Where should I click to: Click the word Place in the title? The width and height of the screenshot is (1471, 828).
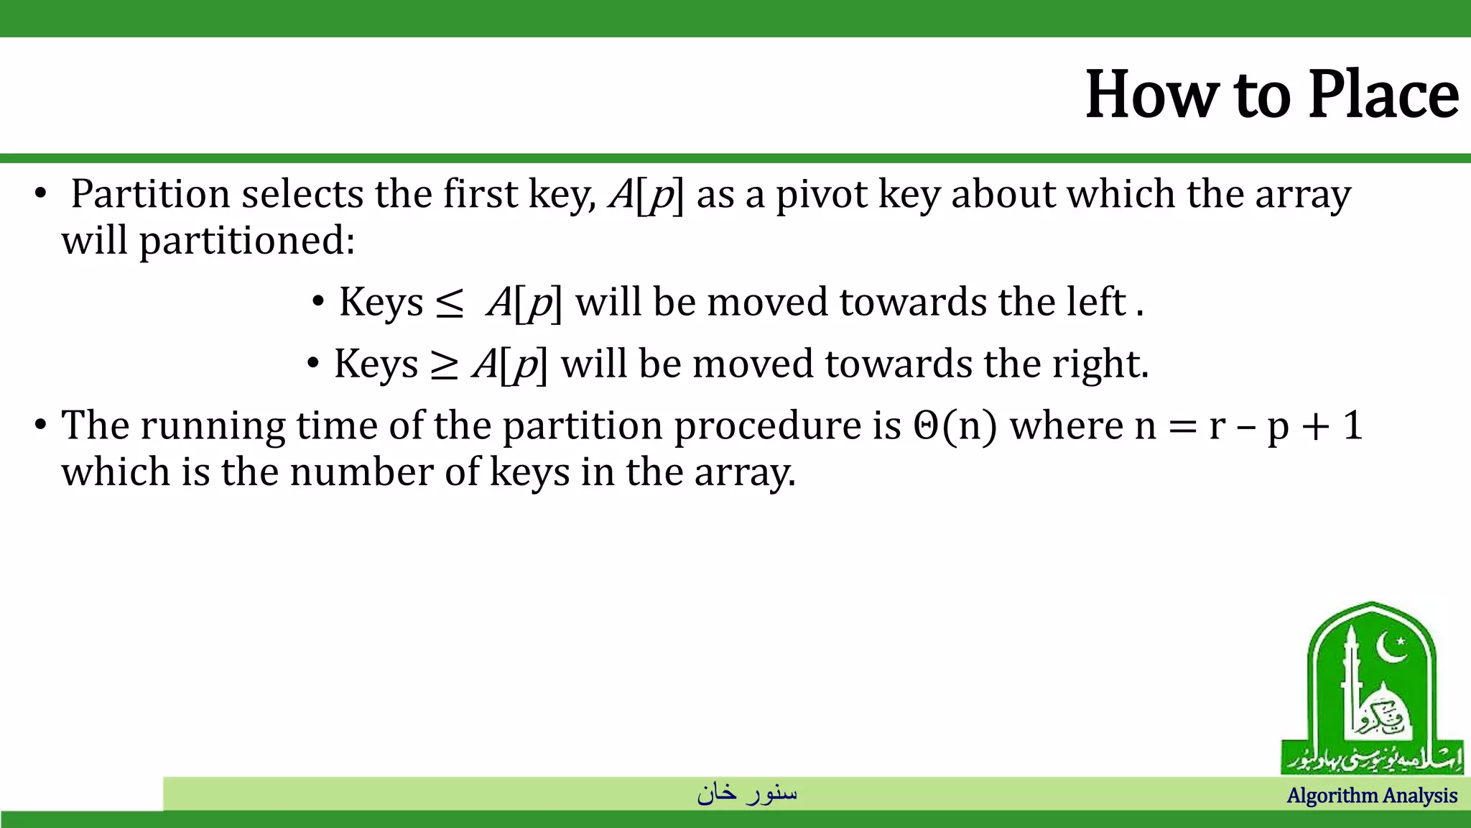tap(1383, 95)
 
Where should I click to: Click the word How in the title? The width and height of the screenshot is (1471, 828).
tap(1151, 95)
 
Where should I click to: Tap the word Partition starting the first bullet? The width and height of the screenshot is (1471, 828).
tap(150, 194)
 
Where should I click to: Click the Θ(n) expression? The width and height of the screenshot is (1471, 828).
tap(955, 425)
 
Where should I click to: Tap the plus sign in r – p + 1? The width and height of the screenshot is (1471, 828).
tap(1316, 426)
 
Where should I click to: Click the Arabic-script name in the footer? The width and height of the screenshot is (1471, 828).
tap(747, 793)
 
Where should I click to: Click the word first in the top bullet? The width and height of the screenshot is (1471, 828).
tap(480, 194)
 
